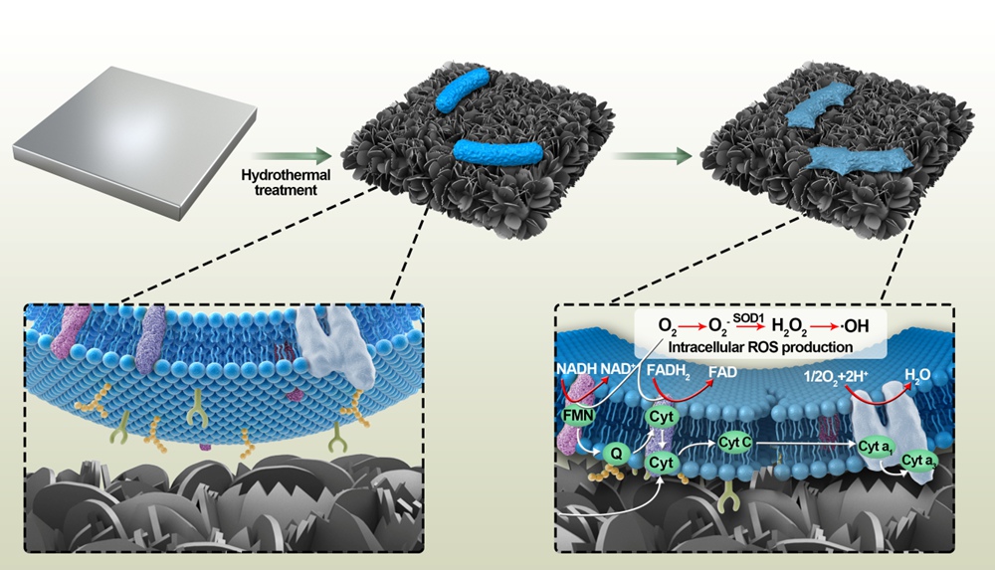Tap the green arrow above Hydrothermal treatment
click(x=290, y=155)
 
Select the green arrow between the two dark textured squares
click(x=652, y=155)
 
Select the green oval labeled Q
click(x=615, y=454)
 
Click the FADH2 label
click(x=669, y=372)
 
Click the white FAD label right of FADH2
click(x=724, y=372)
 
